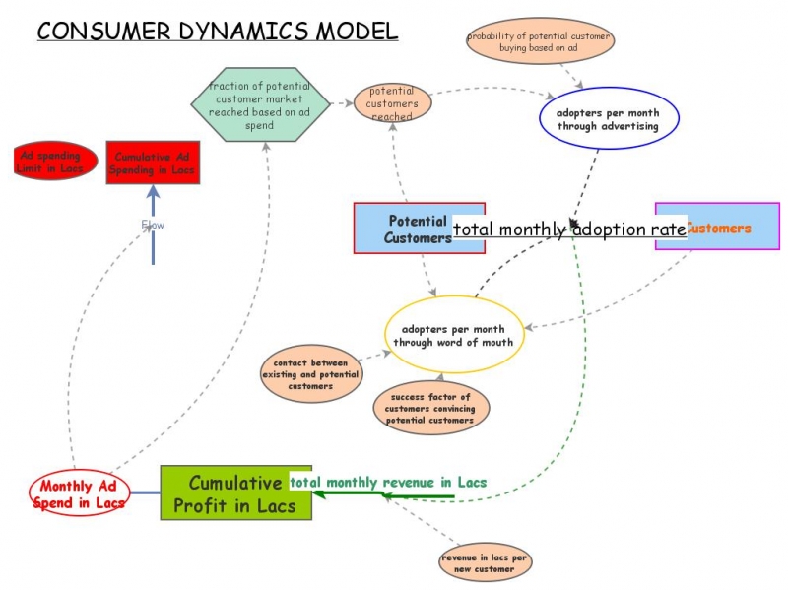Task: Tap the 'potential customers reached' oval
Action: point(393,103)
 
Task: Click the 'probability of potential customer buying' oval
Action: point(539,42)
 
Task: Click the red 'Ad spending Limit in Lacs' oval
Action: point(56,162)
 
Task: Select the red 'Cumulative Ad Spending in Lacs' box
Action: point(153,163)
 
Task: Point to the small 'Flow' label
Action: point(153,225)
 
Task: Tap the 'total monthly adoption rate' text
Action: point(569,229)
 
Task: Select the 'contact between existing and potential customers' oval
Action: point(310,374)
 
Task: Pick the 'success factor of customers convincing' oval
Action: point(430,408)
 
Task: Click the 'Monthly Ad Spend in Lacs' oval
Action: point(80,493)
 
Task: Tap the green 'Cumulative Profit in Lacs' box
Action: point(235,493)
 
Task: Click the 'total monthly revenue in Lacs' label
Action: point(388,482)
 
